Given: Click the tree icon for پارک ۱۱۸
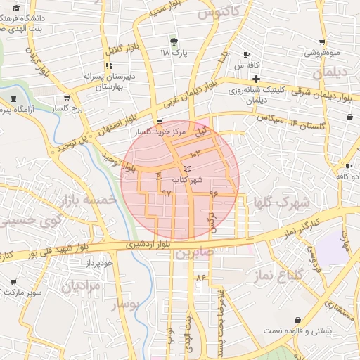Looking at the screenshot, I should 174,41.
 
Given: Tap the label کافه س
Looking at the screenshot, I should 244,65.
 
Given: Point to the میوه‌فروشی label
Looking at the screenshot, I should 321,53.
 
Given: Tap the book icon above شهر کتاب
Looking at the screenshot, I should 186,169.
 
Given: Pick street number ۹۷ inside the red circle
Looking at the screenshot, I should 166,191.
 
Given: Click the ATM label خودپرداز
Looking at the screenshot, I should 99,262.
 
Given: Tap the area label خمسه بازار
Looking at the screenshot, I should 87,201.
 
